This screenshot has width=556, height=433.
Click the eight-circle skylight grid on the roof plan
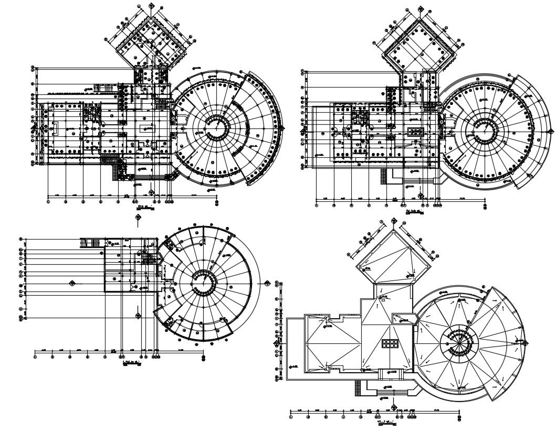(390, 343)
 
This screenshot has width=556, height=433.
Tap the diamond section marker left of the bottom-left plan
(72, 283)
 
